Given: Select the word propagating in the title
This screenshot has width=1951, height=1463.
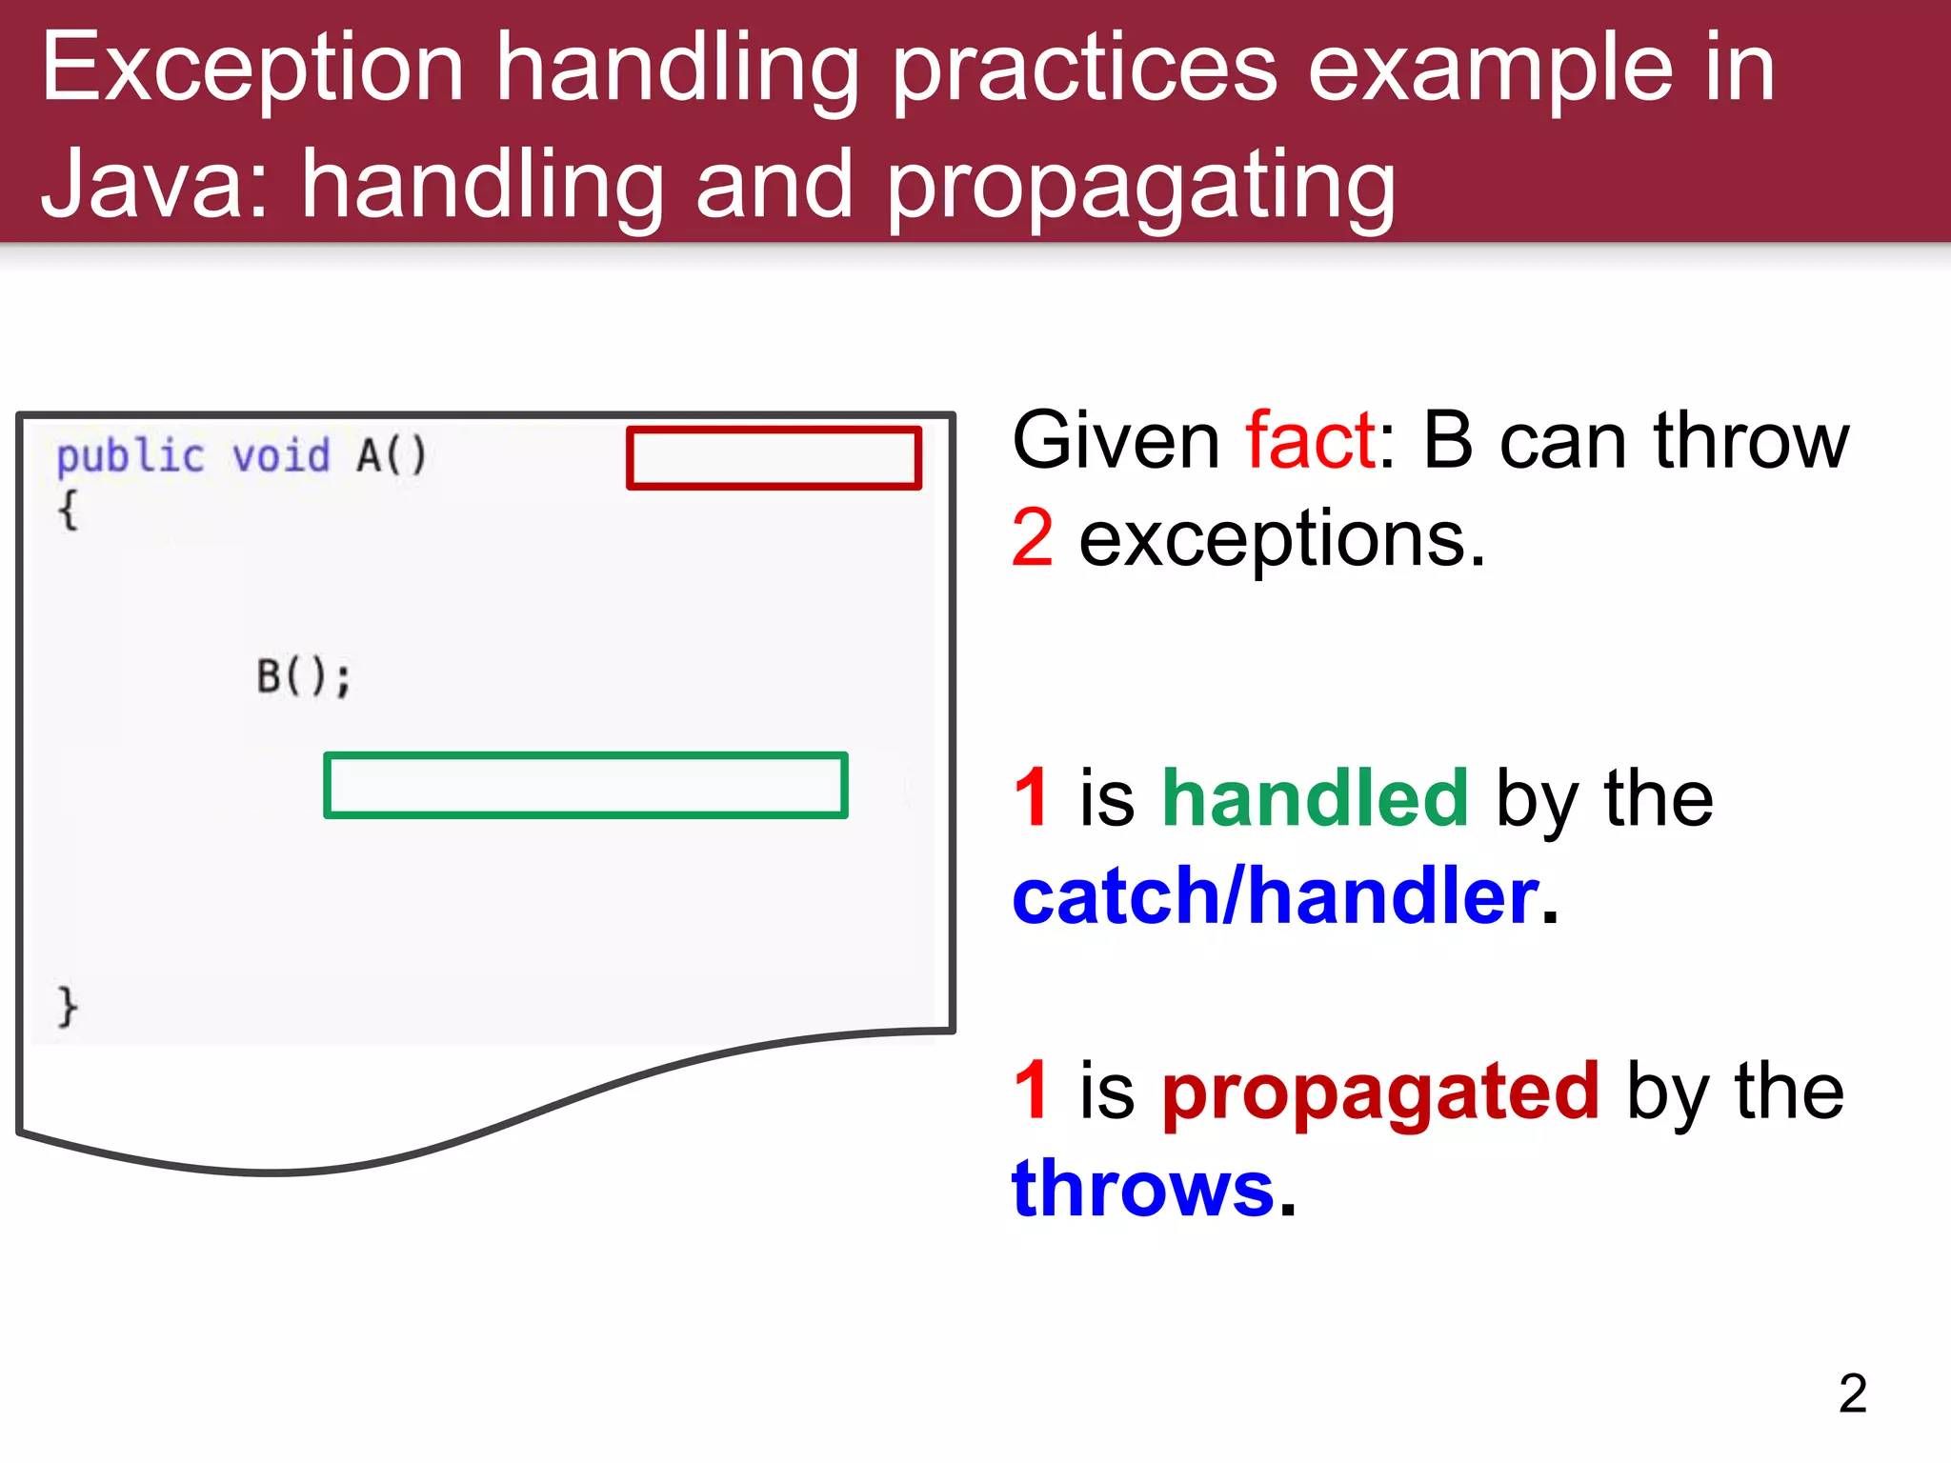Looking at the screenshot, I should tap(1140, 187).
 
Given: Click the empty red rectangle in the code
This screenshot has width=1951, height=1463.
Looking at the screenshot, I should tap(774, 458).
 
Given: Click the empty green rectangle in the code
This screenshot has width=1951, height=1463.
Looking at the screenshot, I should tap(585, 786).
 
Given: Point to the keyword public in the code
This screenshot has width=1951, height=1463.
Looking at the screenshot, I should tap(131, 457).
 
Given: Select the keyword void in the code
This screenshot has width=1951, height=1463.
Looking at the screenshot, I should tap(281, 455).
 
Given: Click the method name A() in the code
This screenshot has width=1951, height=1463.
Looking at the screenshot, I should tap(392, 455).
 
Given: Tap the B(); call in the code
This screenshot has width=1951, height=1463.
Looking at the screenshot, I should tap(304, 677).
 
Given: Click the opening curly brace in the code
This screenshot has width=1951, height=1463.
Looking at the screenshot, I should tap(68, 511).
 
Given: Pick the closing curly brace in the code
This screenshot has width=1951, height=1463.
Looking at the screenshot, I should tap(68, 1007).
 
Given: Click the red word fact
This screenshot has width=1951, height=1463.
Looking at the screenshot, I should tap(1310, 440).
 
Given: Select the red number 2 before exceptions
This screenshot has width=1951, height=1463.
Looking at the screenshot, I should tap(1033, 539).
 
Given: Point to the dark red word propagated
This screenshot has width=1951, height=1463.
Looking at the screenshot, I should tap(1379, 1092).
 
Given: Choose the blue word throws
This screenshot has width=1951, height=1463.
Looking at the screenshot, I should tap(1142, 1189).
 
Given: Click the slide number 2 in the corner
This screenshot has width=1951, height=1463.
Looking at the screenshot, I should tap(1852, 1394).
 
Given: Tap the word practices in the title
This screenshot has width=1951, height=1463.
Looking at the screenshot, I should tap(1083, 69).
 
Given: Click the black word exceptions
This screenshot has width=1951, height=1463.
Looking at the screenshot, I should tap(1281, 539).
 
